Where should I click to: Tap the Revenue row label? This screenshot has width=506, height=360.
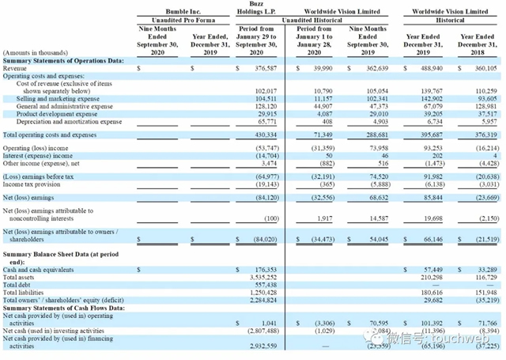click(17, 69)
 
